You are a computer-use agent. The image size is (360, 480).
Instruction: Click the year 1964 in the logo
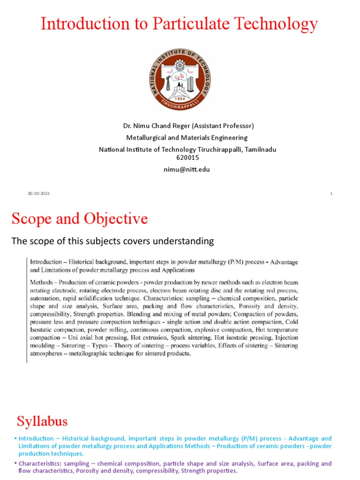click(180, 99)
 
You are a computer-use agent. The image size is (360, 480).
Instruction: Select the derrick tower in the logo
click(168, 83)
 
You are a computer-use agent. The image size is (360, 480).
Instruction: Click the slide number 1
click(331, 194)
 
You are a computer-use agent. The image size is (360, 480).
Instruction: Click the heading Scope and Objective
click(79, 218)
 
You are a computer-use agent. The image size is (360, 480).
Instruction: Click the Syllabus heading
click(42, 420)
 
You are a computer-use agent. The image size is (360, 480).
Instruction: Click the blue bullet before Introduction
click(15, 439)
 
